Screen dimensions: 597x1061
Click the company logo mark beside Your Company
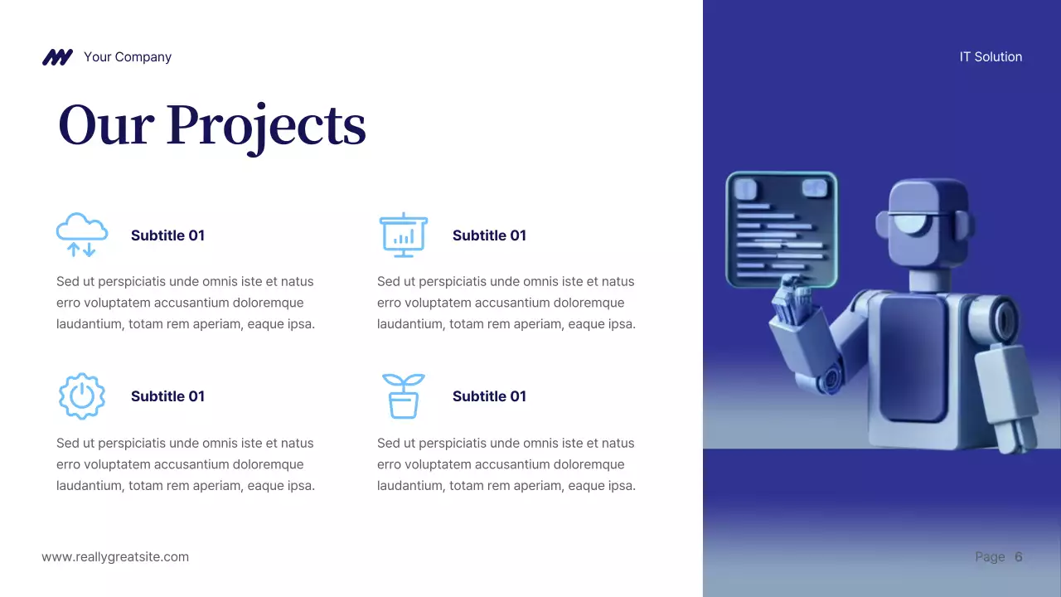click(x=57, y=57)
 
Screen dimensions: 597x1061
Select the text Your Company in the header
click(x=128, y=57)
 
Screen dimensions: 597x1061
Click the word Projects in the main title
click(x=266, y=126)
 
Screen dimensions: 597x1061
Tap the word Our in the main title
click(x=106, y=126)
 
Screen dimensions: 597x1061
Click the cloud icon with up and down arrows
click(x=81, y=235)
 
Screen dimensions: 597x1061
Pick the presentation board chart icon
click(x=403, y=235)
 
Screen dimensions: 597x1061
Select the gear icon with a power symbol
click(x=81, y=396)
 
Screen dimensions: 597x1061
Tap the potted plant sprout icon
click(x=403, y=396)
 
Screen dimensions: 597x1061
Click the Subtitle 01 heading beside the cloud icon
click(x=167, y=235)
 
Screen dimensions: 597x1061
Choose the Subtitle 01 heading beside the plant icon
click(x=489, y=396)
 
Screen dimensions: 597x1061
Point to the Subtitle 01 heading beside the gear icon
click(x=167, y=396)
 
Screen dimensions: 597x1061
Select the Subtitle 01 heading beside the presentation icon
click(x=489, y=235)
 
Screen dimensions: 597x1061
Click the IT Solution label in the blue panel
click(x=991, y=57)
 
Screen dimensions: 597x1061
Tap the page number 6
click(x=1019, y=557)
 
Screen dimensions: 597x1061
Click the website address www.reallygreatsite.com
click(x=115, y=557)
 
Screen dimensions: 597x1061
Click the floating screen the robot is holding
click(x=781, y=229)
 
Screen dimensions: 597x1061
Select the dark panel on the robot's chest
click(x=912, y=357)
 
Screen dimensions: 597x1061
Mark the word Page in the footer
click(x=990, y=557)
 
